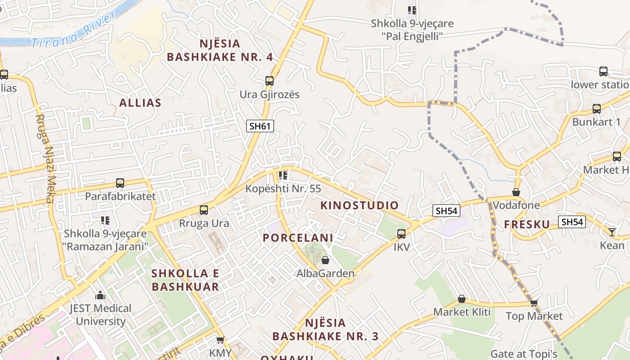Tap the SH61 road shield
(260, 126)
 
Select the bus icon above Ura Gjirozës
(270, 81)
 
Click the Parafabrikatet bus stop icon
(120, 183)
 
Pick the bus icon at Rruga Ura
(204, 210)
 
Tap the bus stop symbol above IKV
(401, 234)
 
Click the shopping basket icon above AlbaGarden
(325, 260)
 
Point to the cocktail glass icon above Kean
(612, 232)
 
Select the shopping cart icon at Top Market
(534, 303)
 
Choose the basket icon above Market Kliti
(462, 299)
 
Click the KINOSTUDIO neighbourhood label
(360, 206)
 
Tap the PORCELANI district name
(298, 238)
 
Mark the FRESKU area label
(527, 225)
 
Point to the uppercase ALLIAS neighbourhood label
(140, 103)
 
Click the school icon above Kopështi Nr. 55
(283, 175)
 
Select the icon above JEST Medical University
(100, 296)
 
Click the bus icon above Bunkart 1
(597, 109)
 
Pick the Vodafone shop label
(516, 205)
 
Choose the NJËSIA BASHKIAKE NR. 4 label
(220, 50)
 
